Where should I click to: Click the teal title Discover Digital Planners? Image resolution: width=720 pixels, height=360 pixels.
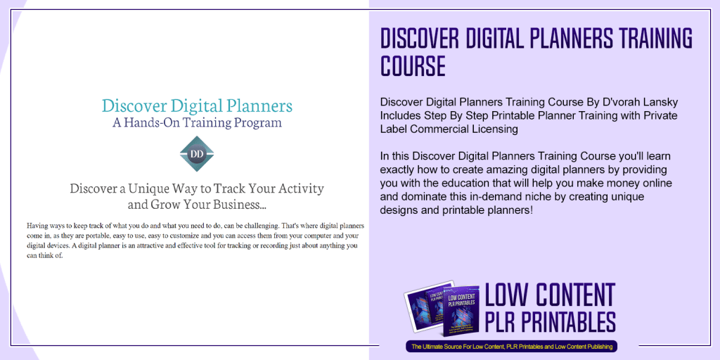(197, 106)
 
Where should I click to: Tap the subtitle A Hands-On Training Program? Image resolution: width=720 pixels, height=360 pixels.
(197, 122)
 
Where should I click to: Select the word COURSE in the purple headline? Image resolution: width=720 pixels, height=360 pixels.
(413, 66)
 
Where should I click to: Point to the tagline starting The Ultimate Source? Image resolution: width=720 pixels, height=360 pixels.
(511, 346)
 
